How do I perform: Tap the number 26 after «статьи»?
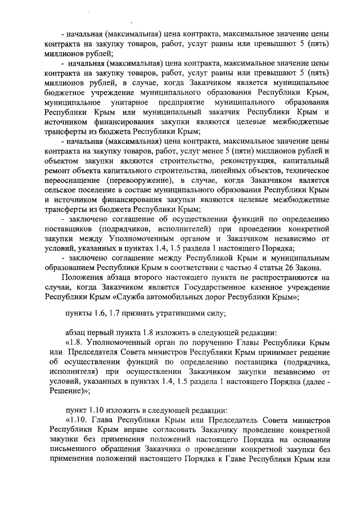coord(290,268)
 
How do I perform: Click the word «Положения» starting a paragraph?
coord(80,277)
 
